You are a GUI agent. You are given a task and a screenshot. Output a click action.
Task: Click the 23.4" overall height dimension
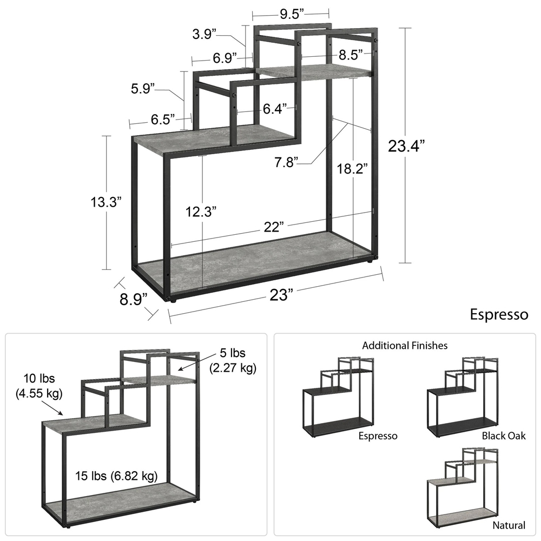406,146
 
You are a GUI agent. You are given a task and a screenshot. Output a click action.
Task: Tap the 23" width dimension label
281,295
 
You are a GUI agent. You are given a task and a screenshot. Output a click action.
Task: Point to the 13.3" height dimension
106,202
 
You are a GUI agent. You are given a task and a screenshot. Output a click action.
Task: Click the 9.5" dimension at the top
292,14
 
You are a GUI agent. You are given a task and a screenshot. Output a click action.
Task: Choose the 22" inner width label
274,227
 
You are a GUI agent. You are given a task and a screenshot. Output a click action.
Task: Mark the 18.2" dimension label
352,169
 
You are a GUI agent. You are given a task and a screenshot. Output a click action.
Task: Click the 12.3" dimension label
201,212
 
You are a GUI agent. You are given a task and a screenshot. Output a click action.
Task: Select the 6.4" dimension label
275,109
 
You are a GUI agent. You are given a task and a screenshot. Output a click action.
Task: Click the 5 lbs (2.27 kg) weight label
233,360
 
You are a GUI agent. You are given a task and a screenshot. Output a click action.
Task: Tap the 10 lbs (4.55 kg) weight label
39,386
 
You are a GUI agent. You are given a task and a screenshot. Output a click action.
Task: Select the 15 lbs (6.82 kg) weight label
117,476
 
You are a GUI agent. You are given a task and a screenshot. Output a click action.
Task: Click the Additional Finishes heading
405,345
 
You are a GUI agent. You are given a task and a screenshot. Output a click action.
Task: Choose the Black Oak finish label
503,436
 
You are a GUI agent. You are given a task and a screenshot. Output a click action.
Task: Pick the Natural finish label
509,525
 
